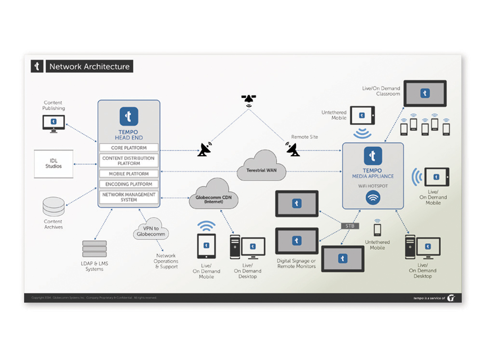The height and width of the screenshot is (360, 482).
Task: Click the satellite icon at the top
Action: point(249,100)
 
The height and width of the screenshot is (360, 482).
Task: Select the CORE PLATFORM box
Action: point(129,147)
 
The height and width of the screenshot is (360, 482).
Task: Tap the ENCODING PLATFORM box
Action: point(129,184)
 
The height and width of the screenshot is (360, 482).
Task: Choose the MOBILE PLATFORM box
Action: point(129,173)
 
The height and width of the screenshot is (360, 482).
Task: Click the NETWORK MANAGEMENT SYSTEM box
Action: point(129,197)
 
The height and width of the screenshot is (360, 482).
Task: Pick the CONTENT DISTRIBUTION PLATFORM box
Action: point(129,160)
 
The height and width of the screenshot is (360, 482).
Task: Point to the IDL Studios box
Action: point(54,163)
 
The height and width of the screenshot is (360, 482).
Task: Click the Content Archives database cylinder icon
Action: point(54,206)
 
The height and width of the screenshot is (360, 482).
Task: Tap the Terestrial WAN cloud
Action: point(262,167)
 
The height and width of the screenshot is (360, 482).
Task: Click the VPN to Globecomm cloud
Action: point(150,229)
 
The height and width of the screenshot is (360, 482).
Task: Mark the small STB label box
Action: point(349,226)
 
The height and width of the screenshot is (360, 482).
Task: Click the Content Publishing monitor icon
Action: point(54,123)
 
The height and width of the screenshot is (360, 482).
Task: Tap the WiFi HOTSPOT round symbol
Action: point(373,198)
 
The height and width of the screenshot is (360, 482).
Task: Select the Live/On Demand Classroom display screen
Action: point(425,93)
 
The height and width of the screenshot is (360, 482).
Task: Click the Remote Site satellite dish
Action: point(293,149)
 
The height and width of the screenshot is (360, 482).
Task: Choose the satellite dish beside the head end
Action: point(205,149)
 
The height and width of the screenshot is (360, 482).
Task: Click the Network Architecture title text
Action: point(90,67)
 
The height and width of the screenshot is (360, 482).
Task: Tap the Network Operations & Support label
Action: point(166,261)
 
